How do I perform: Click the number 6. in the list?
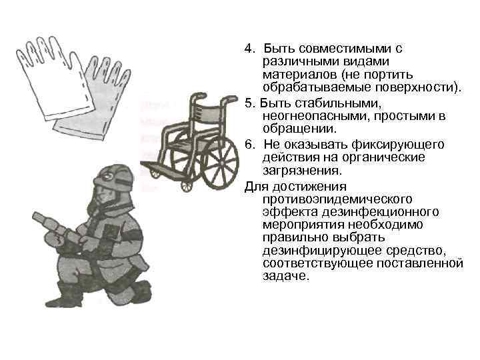click(x=249, y=145)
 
